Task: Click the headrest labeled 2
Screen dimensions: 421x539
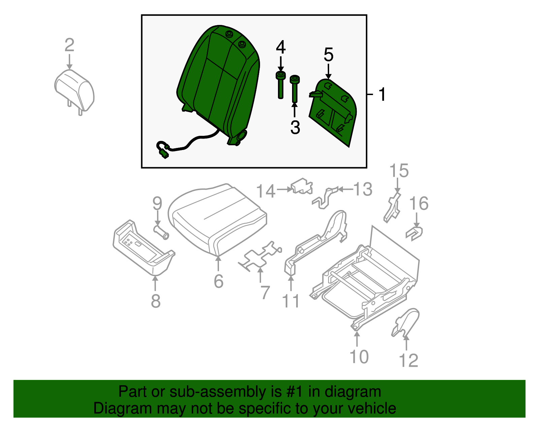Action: [x=74, y=89]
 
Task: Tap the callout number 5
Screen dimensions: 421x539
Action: [x=328, y=55]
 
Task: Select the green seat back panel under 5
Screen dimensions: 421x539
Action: [x=334, y=111]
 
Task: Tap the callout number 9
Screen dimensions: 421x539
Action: [x=157, y=203]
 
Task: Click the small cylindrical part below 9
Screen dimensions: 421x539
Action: [x=161, y=232]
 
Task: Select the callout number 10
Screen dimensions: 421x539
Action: [x=359, y=357]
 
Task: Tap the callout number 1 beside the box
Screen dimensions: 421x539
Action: [x=382, y=94]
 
